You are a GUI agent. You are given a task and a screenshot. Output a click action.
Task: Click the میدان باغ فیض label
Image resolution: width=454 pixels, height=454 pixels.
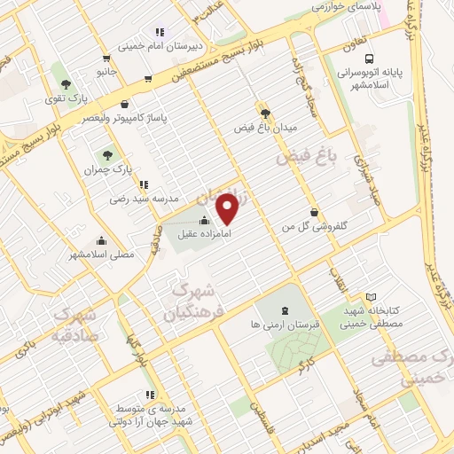point(263,127)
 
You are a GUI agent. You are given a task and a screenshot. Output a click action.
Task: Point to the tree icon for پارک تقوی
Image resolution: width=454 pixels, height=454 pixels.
point(66,84)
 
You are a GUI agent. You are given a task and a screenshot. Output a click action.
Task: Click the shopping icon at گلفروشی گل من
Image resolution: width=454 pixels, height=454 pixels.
point(316,211)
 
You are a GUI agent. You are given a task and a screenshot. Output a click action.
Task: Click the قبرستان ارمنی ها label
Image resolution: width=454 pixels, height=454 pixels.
point(283,325)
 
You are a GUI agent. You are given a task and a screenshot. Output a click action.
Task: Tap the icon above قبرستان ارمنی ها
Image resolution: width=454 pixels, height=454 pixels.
point(283,310)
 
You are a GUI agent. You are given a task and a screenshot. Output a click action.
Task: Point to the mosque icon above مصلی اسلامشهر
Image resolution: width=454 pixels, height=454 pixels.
point(101,239)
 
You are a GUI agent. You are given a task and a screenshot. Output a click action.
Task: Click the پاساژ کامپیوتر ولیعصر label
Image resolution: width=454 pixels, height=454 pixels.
point(115,117)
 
